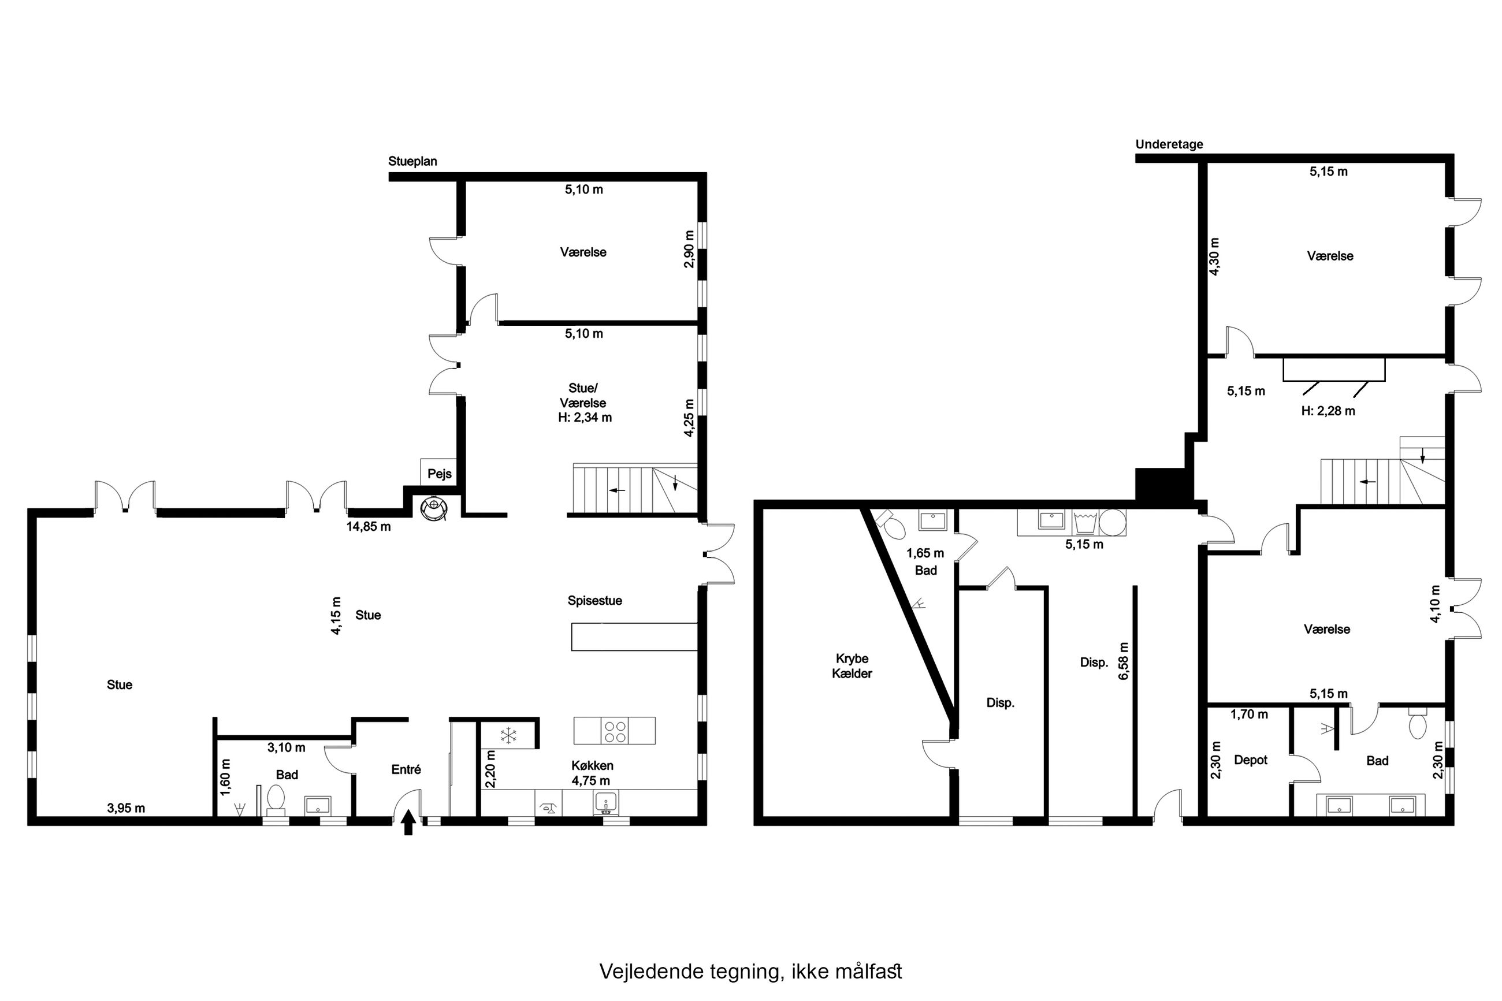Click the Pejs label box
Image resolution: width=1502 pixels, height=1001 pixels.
439,473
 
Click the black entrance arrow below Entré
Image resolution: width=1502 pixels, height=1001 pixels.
408,823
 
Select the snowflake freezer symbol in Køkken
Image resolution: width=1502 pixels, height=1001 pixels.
508,735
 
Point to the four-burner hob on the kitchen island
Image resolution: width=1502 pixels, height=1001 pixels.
615,731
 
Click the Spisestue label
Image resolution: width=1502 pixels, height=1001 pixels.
594,601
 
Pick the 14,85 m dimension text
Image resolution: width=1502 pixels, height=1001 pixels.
369,527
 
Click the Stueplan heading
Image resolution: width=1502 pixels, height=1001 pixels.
412,162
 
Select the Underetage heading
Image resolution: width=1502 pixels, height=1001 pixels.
1169,144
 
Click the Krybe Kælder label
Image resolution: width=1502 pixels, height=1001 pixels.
852,666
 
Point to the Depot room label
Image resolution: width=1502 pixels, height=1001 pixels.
1251,760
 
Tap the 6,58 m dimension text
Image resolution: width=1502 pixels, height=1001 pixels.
1124,661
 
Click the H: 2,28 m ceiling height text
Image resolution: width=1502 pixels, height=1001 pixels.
1328,411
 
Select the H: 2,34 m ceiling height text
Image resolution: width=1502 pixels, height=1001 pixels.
585,418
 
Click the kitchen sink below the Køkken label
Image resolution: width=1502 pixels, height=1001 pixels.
606,803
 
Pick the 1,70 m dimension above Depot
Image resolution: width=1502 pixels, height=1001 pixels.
1249,715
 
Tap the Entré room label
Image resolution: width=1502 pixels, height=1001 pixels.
406,770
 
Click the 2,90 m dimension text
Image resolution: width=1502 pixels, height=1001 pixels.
689,249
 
